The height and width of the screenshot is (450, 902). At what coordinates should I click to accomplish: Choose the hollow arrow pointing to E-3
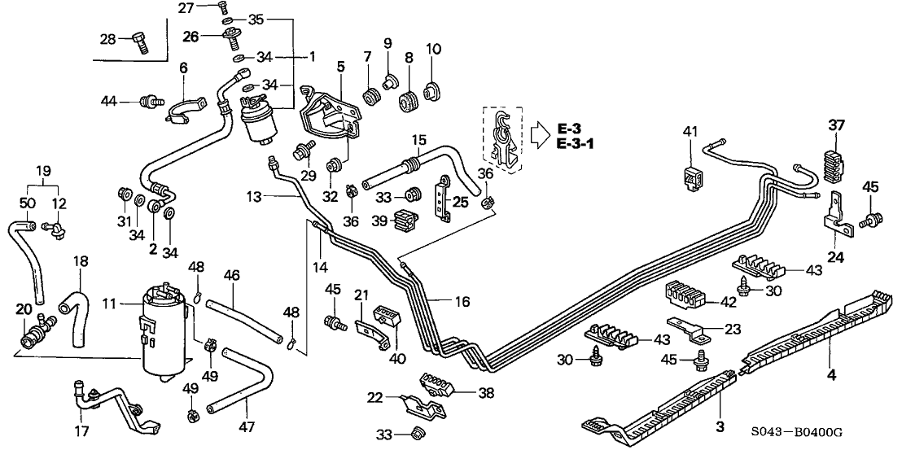(x=538, y=134)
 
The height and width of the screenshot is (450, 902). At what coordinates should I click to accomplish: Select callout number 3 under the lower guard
(x=720, y=426)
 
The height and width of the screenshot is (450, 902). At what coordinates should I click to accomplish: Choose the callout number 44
(x=107, y=101)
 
